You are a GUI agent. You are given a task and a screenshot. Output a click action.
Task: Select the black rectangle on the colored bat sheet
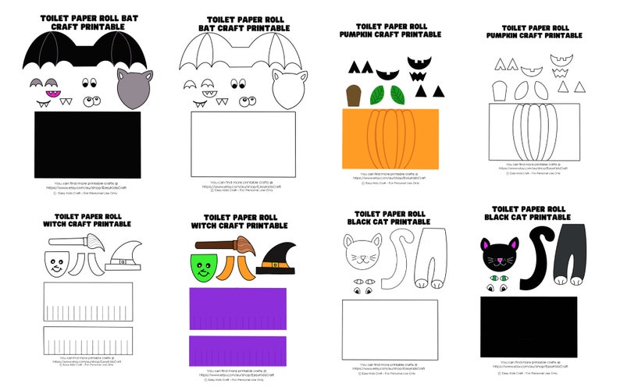coord(87,144)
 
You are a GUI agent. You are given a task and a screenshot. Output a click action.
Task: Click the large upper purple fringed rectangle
coord(237,308)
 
